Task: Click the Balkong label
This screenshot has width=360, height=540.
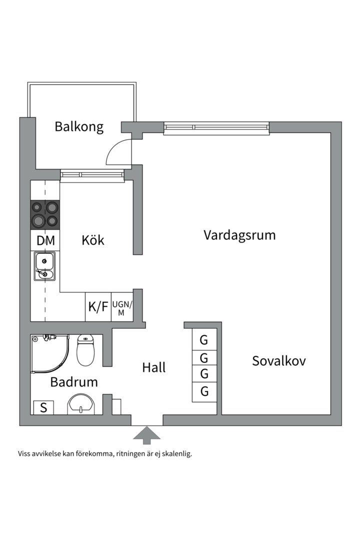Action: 79,126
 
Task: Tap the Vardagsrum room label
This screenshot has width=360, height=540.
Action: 239,235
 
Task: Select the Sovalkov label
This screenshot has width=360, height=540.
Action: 278,360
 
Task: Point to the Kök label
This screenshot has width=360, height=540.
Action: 93,240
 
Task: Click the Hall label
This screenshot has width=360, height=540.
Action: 153,367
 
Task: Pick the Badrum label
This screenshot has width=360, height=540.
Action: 74,382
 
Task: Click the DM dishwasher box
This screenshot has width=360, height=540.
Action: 45,240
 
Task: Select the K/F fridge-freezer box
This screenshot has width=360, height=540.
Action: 98,306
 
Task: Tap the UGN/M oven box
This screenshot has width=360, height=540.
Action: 121,306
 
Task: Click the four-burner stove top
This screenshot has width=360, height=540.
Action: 45,214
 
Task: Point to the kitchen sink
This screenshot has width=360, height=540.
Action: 45,266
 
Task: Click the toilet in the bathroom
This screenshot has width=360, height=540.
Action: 85,350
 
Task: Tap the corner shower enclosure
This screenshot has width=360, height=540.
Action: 48,354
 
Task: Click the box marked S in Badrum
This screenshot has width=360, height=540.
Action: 43,407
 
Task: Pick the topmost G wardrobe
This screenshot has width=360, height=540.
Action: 204,340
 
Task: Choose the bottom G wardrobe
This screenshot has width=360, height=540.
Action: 204,391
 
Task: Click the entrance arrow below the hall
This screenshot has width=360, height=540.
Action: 146,435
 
